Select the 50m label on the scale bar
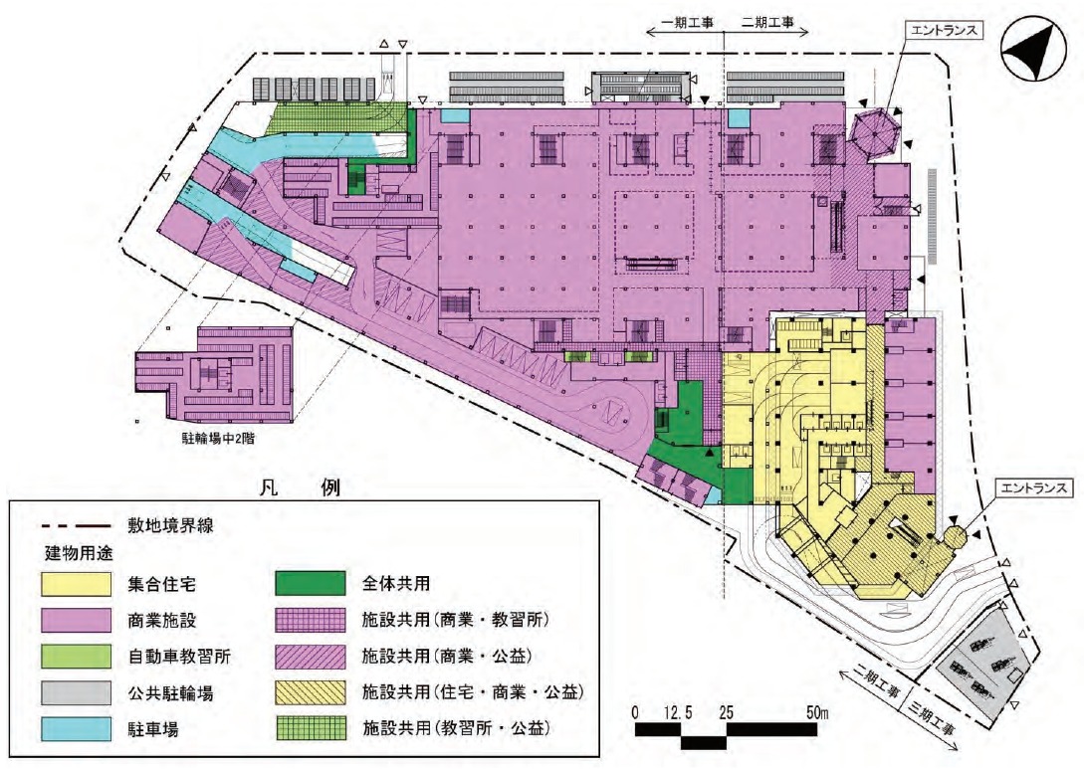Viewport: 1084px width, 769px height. click(817, 712)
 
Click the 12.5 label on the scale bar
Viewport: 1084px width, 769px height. click(681, 712)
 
